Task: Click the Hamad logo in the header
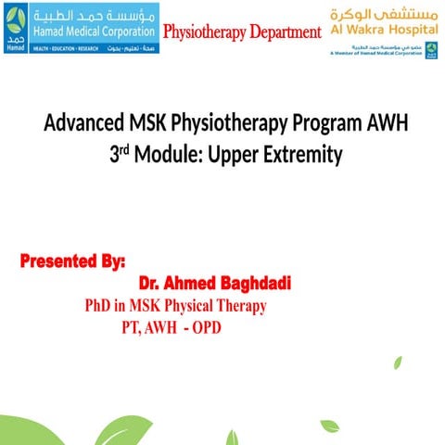16,29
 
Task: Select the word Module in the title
173,155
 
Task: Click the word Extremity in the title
308,155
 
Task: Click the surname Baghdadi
254,282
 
